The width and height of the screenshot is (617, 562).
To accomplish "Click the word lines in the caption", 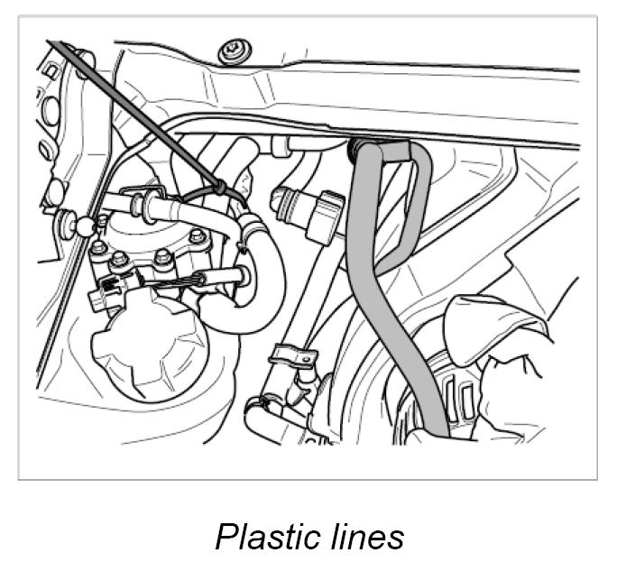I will pos(365,536).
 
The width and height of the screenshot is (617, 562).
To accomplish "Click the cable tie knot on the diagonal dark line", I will pos(219,188).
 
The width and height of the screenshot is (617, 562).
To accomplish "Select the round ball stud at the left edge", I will pos(85,225).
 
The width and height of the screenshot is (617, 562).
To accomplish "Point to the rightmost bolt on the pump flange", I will pos(199,237).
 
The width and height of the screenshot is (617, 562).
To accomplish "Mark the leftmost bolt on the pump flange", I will pos(99,247).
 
